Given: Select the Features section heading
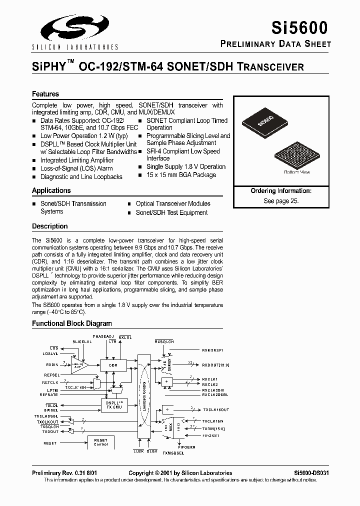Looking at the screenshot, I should [x=45, y=94].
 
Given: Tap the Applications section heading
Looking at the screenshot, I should [x=51, y=190].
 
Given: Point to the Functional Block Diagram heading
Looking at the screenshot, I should [x=72, y=323].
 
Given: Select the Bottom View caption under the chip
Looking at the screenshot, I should [x=297, y=172].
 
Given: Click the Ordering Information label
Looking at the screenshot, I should [x=281, y=190].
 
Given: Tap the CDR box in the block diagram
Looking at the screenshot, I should [x=113, y=365].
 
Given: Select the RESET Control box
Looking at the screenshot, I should [x=101, y=442].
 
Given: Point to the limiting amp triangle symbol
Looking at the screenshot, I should [x=78, y=365].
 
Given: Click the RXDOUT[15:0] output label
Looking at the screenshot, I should [x=215, y=365].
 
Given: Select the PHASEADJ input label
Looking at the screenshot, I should [x=103, y=336].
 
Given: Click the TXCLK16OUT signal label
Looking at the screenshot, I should [x=215, y=409].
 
